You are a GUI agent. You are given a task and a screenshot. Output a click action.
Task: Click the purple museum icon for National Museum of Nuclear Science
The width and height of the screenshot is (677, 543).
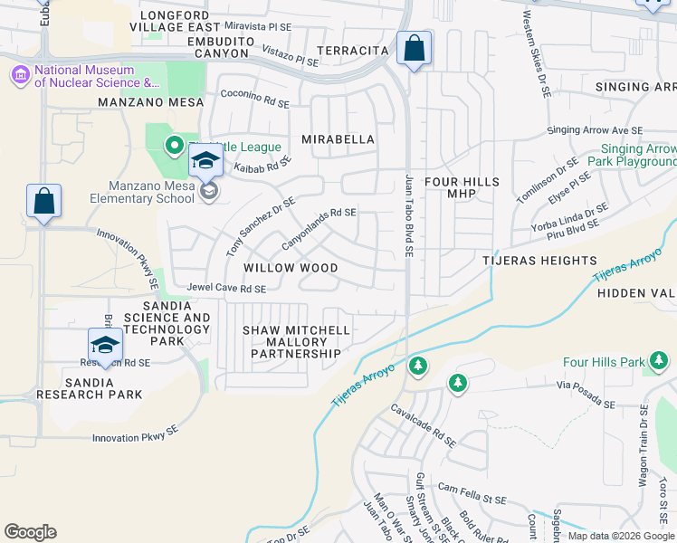click(x=19, y=77)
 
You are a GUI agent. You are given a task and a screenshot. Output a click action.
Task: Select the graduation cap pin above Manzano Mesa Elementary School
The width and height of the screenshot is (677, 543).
click(x=205, y=161)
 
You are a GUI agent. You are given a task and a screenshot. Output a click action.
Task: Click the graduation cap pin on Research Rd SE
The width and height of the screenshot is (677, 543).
click(x=105, y=346)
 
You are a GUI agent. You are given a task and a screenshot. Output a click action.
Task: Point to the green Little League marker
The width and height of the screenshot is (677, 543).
click(x=173, y=145)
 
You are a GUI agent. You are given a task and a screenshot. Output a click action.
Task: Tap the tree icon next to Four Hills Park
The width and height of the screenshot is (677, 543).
click(x=660, y=363)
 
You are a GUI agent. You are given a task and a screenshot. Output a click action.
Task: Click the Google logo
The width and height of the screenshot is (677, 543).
click(x=30, y=532)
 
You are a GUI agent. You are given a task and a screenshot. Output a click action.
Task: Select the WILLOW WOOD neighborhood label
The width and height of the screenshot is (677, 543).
click(x=291, y=269)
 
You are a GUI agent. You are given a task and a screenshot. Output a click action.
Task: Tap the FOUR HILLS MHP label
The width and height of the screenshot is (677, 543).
click(x=462, y=187)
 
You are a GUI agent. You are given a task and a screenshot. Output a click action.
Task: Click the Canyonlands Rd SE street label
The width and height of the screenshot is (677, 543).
click(x=319, y=231)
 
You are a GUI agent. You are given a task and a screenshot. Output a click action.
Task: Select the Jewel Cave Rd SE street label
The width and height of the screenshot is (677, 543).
click(x=226, y=289)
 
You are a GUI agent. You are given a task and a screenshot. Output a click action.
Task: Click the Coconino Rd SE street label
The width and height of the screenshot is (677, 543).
click(x=255, y=99)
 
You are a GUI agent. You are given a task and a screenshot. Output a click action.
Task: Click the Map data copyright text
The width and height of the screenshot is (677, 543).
click(x=621, y=536)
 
